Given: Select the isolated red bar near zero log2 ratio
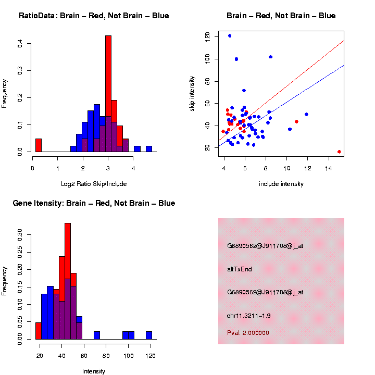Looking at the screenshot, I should point(38,145).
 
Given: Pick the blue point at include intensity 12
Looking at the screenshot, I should point(306,114).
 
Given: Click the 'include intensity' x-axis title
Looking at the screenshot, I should point(281,184).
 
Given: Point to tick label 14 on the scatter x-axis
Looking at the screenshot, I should point(328,168).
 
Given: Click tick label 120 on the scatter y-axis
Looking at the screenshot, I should point(208,36).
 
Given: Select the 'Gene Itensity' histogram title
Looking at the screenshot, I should point(94,203).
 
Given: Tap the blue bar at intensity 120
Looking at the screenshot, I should point(149,335).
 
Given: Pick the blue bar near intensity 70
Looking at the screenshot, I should point(97,335).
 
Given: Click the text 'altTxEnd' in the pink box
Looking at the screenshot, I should point(240,269).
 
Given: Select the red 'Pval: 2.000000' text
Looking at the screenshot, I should point(248,332).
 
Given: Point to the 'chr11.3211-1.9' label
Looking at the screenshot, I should point(248,316).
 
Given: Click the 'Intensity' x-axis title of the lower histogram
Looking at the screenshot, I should point(94,371).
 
